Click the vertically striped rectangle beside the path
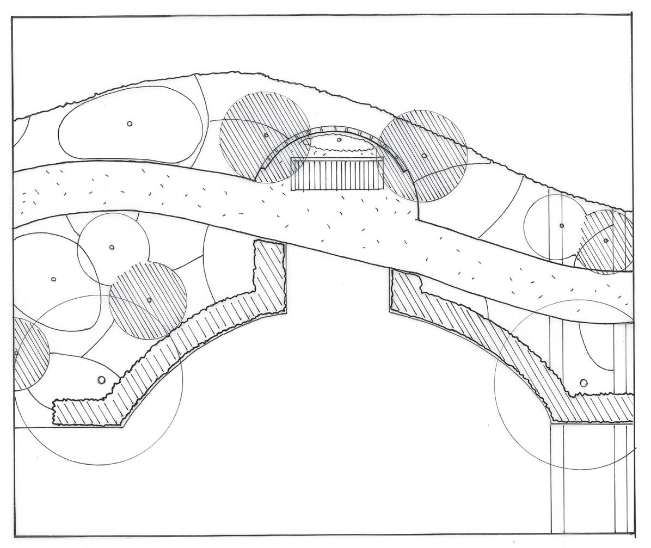pyautogui.click(x=337, y=174)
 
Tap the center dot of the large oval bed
pyautogui.click(x=130, y=124)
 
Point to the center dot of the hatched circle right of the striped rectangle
pyautogui.click(x=424, y=156)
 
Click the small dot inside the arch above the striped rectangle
pyautogui.click(x=339, y=140)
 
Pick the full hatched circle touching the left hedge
pyautogui.click(x=148, y=300)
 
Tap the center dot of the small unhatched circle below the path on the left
pyautogui.click(x=112, y=247)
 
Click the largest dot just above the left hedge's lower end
pyautogui.click(x=101, y=380)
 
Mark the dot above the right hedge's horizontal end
pyautogui.click(x=584, y=383)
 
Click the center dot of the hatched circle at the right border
pyautogui.click(x=606, y=240)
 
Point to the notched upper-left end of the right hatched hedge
pyautogui.click(x=406, y=288)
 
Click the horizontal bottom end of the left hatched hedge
pyautogui.click(x=87, y=414)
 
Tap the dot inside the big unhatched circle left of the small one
pyautogui.click(x=53, y=279)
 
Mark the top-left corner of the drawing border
pyautogui.click(x=12, y=17)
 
